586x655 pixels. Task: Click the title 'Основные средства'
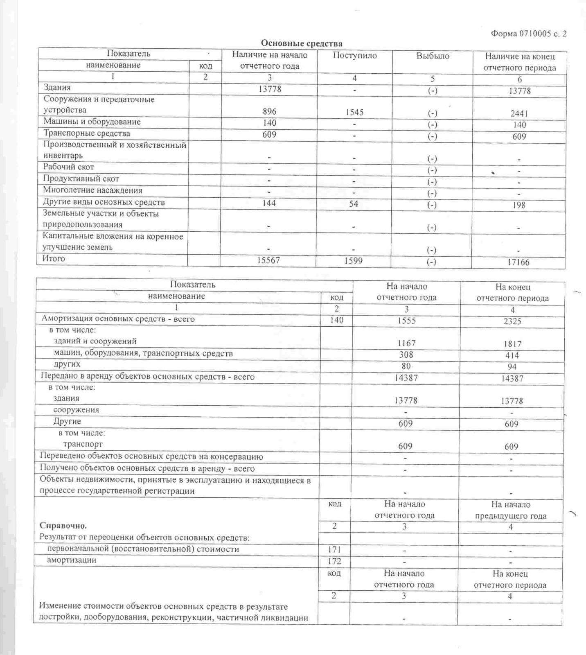(302, 43)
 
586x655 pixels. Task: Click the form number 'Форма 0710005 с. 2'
(529, 34)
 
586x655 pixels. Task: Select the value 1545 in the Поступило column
(354, 112)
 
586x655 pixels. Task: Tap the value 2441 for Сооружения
(519, 113)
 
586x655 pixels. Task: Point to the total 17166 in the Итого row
(518, 262)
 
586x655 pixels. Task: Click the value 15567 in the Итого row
(268, 260)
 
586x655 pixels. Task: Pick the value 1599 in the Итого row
(353, 261)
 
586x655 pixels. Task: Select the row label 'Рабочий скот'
(69, 167)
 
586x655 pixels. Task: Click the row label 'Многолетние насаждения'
(93, 190)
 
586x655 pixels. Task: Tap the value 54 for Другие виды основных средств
(354, 203)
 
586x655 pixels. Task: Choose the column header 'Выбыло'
(433, 56)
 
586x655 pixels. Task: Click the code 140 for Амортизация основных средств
(336, 320)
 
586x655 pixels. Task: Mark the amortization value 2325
(512, 321)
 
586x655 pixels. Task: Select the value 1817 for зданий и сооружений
(512, 344)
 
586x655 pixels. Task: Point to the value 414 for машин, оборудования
(512, 355)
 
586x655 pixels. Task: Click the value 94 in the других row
(512, 367)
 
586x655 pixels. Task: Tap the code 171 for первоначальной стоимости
(334, 549)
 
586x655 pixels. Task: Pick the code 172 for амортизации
(334, 561)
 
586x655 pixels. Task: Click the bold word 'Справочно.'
(63, 526)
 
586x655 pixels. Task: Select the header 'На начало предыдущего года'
(511, 510)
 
